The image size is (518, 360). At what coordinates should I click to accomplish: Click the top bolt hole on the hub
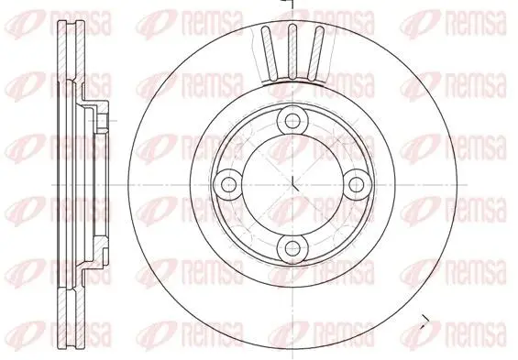292,121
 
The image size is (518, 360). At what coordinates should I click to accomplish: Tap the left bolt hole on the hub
228,184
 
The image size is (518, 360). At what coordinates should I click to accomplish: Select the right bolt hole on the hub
356,184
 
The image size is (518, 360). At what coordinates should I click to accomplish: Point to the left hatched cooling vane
270,53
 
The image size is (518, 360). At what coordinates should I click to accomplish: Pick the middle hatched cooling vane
292,52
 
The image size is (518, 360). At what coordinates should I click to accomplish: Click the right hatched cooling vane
314,53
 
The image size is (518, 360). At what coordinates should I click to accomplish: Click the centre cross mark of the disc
294,184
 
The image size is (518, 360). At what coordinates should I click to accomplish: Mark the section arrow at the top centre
288,3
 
